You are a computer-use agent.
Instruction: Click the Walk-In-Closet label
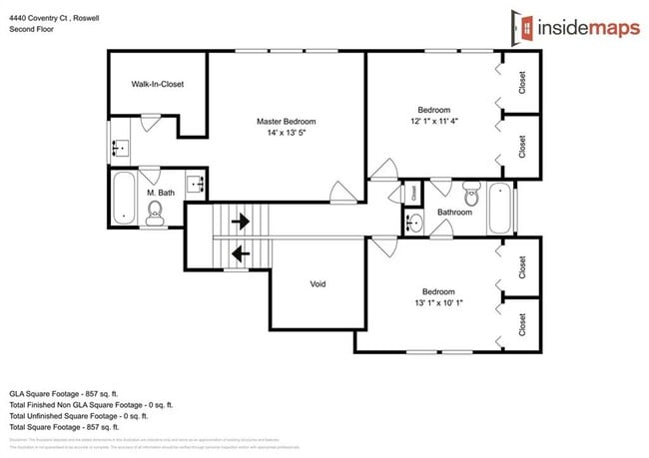pos(157,85)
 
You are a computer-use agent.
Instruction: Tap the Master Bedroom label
pos(287,121)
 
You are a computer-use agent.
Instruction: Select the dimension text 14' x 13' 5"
pos(287,133)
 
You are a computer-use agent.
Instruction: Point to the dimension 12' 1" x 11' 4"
pos(433,122)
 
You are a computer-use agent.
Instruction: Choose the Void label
pos(318,284)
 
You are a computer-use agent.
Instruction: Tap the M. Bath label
pos(161,193)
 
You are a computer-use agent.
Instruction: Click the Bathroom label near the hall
pos(454,212)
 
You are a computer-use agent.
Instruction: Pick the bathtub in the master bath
pos(123,199)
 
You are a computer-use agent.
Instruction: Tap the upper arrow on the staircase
pos(240,221)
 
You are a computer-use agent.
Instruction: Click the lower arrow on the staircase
pos(240,254)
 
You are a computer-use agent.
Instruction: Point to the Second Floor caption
pos(31,30)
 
